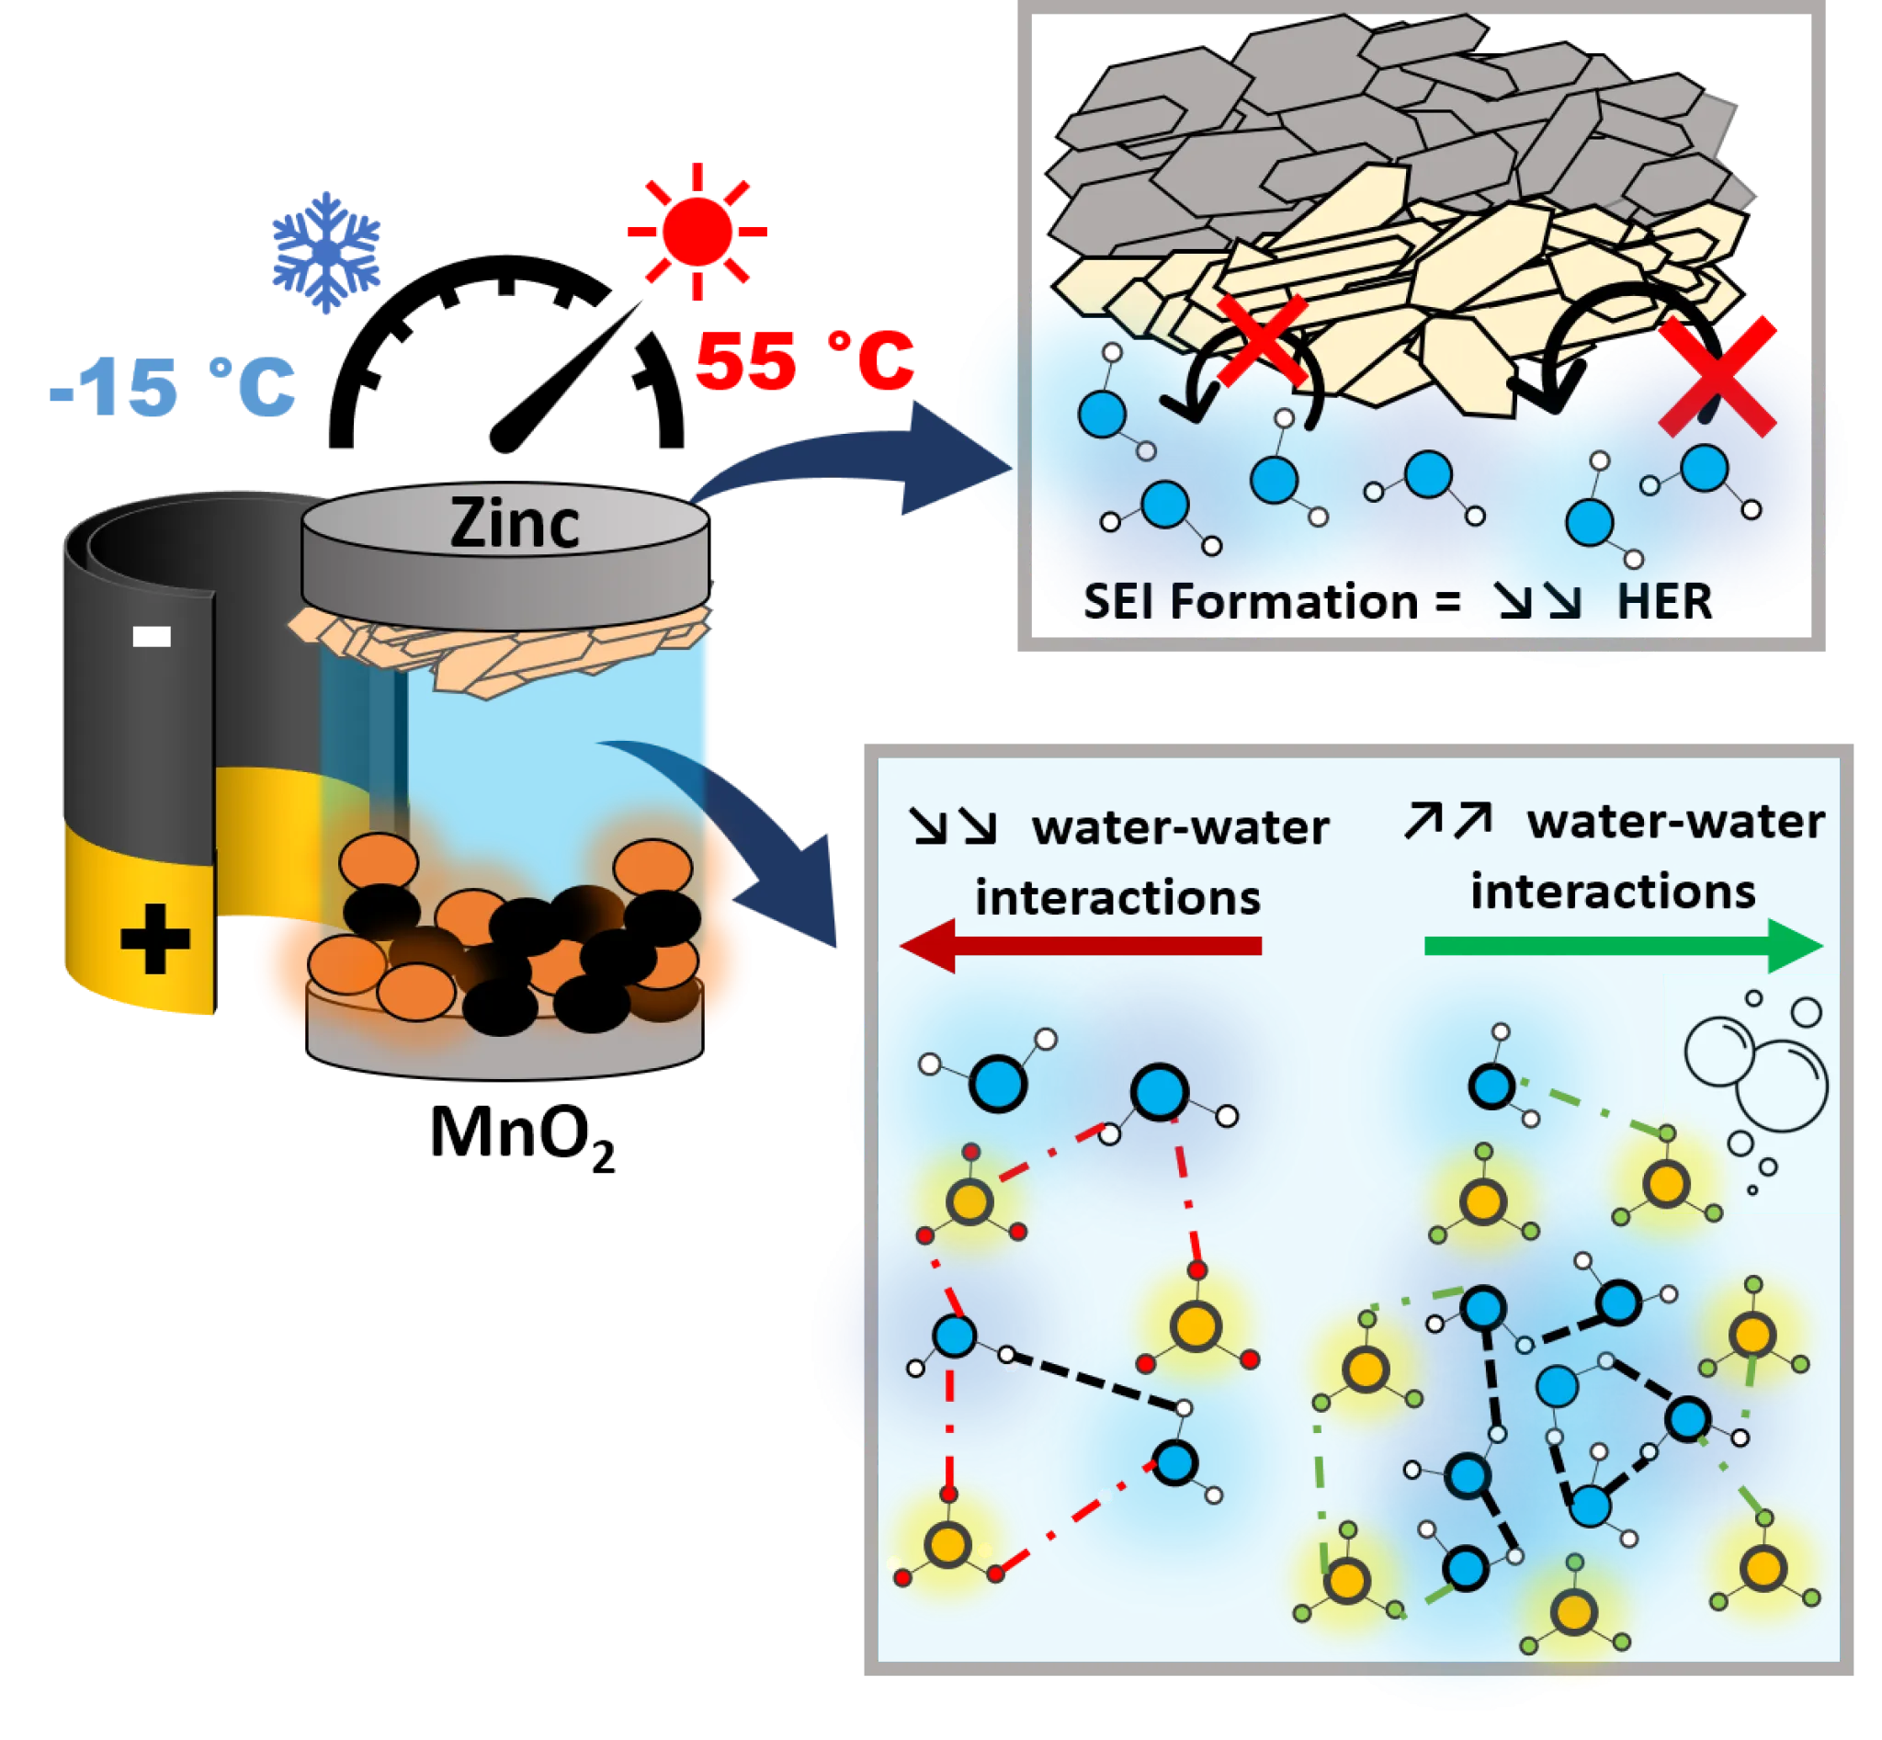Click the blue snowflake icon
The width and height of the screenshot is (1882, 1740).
pos(327,250)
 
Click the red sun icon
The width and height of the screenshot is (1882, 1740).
pos(697,231)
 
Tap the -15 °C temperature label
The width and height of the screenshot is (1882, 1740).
pos(172,386)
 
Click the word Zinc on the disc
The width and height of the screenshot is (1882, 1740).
pos(514,524)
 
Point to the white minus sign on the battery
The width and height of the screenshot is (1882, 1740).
pos(152,637)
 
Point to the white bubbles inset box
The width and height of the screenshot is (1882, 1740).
pos(1750,1092)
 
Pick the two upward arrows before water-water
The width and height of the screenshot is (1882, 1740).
pos(1448,821)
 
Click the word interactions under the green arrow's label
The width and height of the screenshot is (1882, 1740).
pos(1613,891)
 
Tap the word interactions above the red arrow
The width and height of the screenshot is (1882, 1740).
pos(1117,897)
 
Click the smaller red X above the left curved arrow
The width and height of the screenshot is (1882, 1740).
pos(1262,341)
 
